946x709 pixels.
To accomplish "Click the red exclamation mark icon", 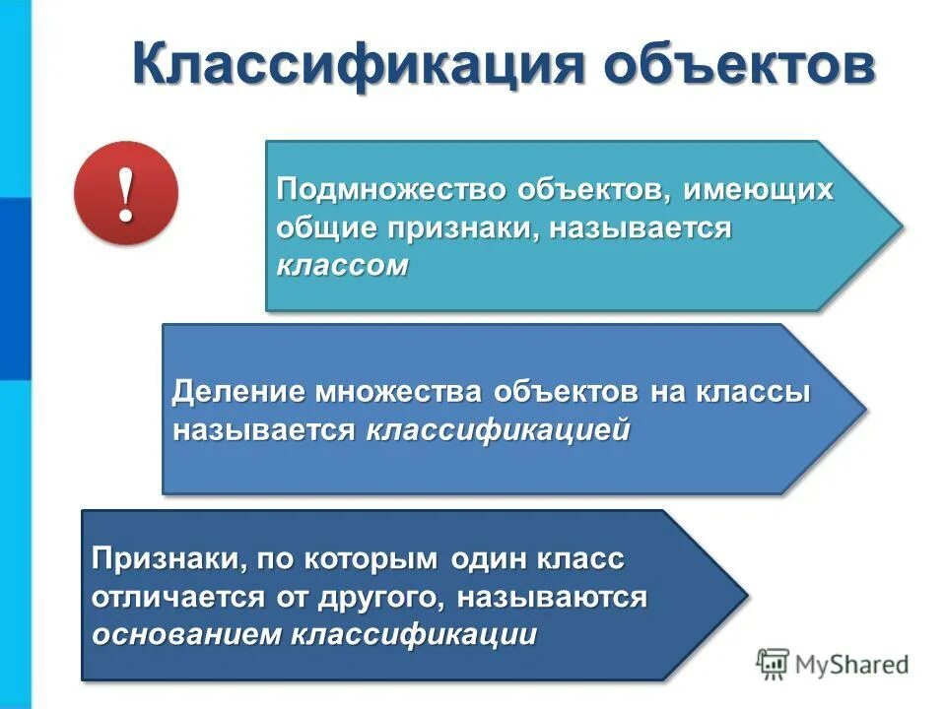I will tap(125, 193).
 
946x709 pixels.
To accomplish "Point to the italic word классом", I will tap(341, 266).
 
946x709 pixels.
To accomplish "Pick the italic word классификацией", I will tap(499, 430).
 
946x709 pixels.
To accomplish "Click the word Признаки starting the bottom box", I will tap(167, 559).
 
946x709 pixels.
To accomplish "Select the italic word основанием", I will tap(186, 634).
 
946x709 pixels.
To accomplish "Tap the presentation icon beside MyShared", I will tap(774, 664).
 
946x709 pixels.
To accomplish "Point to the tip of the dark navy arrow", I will tap(746, 595).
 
